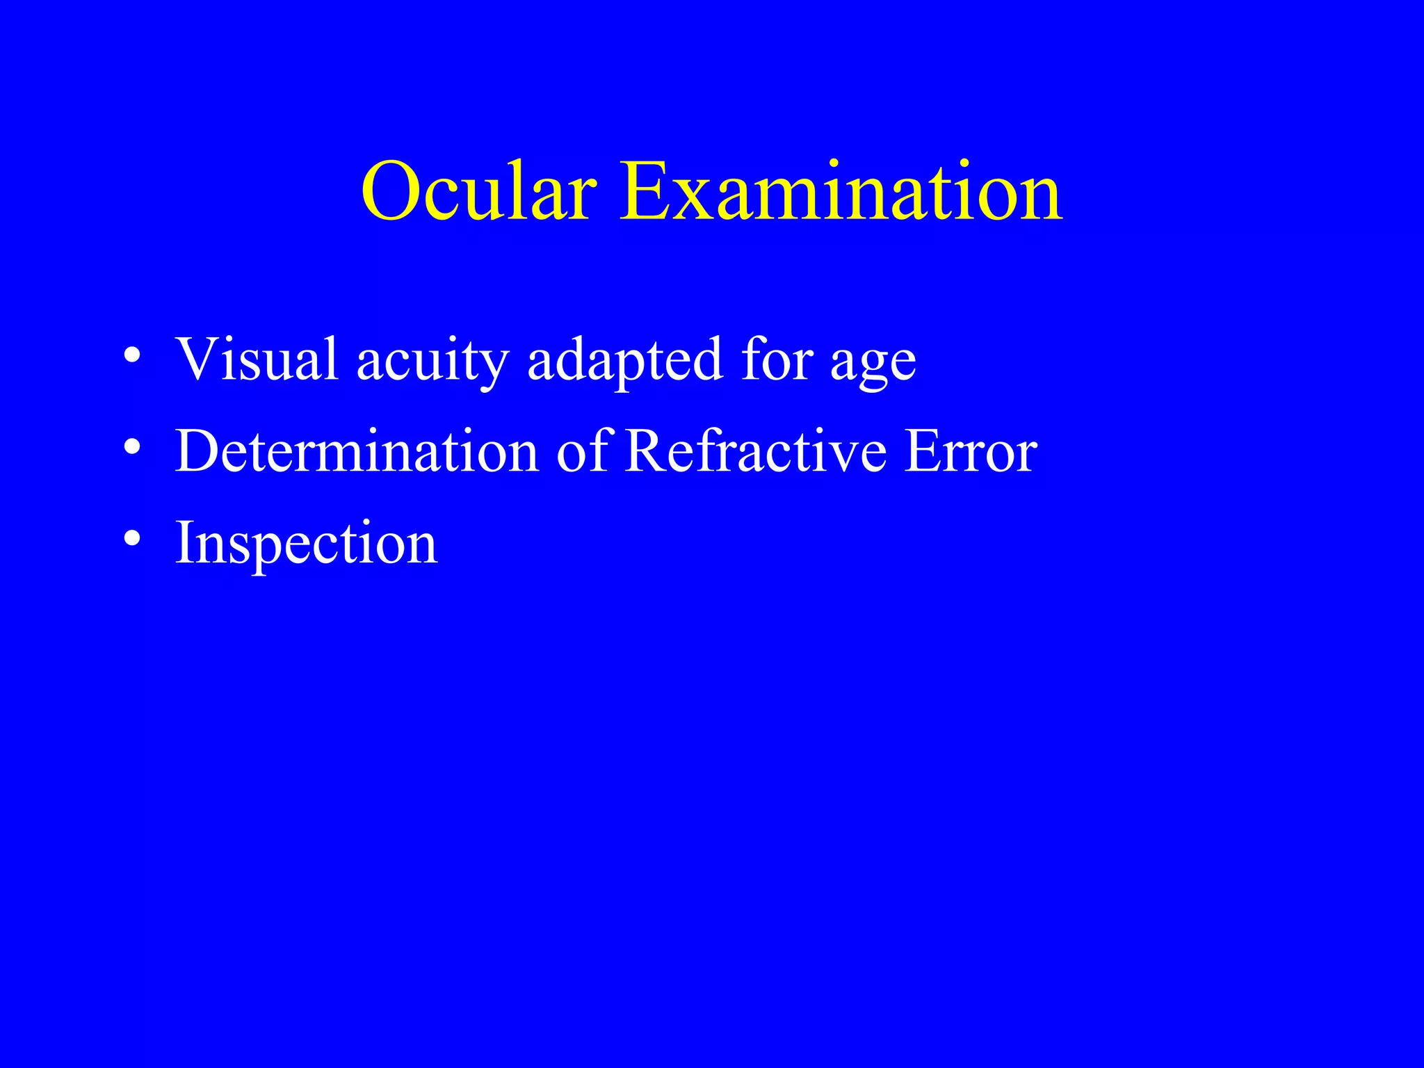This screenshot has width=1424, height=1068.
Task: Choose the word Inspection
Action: point(307,544)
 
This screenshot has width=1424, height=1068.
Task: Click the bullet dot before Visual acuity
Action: point(132,357)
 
